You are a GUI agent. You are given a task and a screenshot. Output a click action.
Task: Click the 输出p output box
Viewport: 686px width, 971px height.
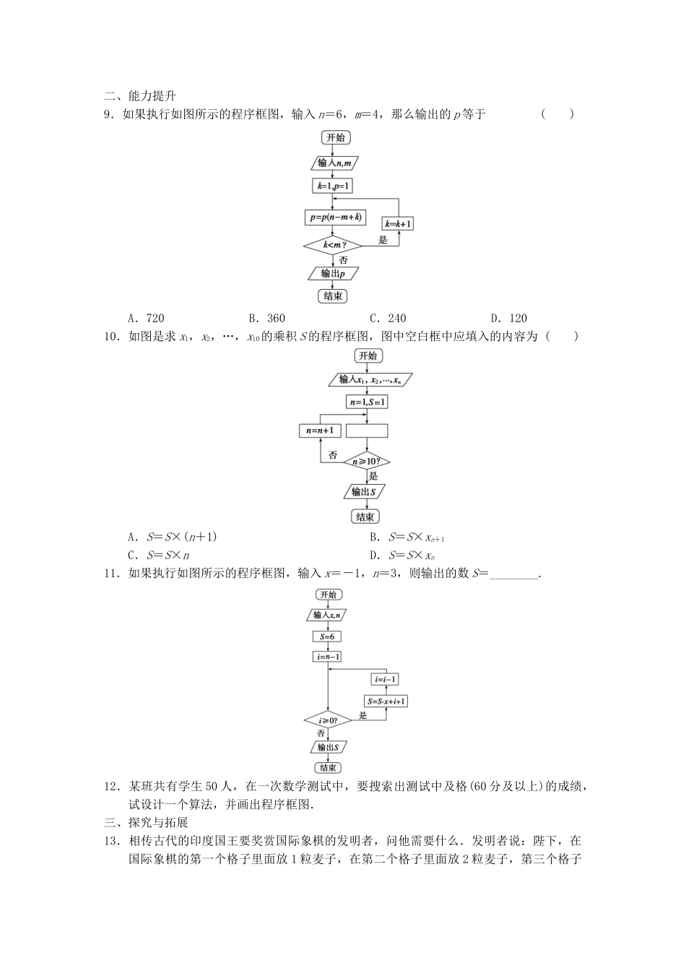(x=332, y=274)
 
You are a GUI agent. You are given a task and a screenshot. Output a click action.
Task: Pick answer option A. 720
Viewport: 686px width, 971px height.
(x=146, y=318)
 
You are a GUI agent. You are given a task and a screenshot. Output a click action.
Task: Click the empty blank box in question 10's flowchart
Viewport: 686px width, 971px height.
(x=367, y=431)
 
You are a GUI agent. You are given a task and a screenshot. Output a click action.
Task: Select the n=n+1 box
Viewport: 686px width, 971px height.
(x=320, y=431)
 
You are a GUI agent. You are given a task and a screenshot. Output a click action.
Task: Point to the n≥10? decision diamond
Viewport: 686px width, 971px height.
(x=367, y=460)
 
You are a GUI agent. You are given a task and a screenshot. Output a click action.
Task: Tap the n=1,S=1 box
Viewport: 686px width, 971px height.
(x=367, y=402)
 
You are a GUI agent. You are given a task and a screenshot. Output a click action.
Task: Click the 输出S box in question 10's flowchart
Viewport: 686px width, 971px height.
(x=365, y=491)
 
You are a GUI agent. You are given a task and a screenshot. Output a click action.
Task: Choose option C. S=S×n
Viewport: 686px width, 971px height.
(x=158, y=555)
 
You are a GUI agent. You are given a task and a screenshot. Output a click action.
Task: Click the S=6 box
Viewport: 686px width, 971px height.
(x=326, y=636)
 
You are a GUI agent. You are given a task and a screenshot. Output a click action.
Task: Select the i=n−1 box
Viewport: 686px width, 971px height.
(x=326, y=657)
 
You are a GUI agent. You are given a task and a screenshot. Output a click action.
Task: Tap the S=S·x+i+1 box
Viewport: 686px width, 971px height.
(x=386, y=701)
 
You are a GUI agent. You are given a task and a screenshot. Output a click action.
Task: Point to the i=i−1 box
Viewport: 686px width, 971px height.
(x=386, y=679)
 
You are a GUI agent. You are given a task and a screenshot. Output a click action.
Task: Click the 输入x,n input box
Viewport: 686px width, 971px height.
(x=327, y=615)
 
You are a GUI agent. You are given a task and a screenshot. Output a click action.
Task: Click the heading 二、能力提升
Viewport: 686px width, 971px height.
(x=140, y=95)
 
